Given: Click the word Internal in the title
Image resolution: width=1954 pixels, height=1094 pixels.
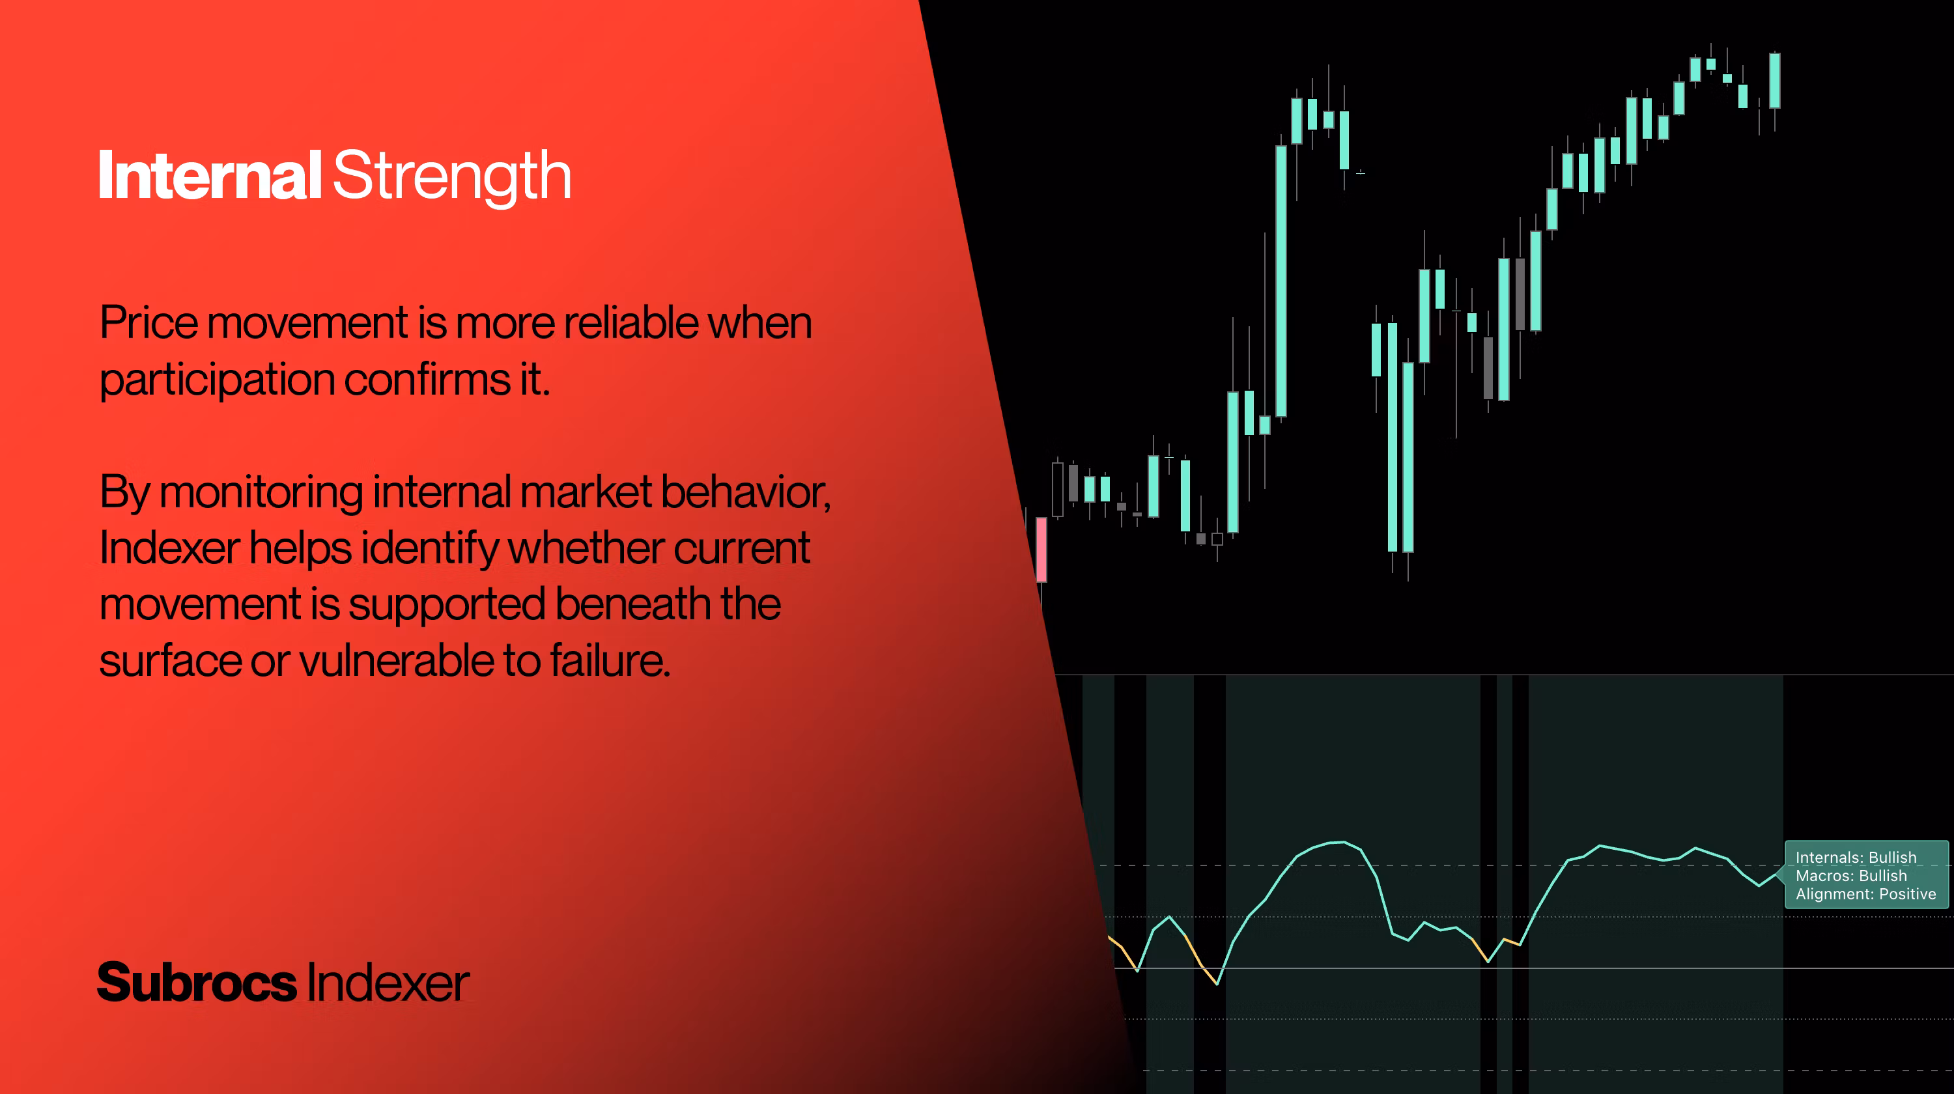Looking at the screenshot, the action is [210, 175].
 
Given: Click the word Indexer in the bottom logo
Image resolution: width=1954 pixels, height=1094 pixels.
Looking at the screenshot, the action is [388, 983].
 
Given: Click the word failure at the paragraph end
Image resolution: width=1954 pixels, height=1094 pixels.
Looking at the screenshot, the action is [611, 660].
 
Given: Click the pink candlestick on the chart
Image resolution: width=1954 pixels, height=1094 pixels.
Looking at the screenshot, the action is [1041, 550].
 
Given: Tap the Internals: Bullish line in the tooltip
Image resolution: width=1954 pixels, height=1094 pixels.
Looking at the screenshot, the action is [1856, 858].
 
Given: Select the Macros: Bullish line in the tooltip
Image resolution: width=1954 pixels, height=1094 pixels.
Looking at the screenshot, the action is [1851, 876].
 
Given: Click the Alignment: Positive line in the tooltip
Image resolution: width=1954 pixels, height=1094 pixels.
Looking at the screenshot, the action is [1865, 894].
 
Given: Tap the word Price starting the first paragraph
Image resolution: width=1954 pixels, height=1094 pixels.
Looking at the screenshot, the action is [149, 323].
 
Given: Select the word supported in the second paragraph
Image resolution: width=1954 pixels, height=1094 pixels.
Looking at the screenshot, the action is [447, 606].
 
